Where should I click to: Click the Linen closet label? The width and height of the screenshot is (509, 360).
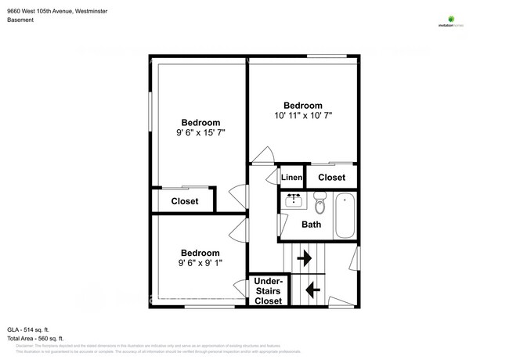pos(291,178)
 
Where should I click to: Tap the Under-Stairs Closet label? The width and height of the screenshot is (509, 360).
pos(268,291)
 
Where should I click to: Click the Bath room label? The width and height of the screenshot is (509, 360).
pos(312,225)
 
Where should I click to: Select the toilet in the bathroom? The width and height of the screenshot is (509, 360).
pos(319,206)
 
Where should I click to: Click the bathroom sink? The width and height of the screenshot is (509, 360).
pos(294,200)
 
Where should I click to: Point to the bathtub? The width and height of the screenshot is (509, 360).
pos(345,216)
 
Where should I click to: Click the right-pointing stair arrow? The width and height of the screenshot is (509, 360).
pos(304,257)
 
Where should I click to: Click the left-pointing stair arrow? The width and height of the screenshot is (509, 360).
pos(312,290)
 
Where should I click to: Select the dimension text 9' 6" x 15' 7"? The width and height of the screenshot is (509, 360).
pos(200,133)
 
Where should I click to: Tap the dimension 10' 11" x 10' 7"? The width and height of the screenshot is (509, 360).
pos(303,116)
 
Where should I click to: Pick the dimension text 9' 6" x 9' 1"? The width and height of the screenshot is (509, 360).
pos(200,263)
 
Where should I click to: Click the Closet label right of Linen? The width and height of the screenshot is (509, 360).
pos(331,178)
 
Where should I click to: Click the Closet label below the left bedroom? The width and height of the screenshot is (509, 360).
pos(185,201)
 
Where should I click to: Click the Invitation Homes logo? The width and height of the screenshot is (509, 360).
pos(450,22)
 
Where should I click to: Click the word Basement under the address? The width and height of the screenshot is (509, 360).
pos(20,20)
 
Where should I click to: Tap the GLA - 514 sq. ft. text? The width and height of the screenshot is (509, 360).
pos(30,329)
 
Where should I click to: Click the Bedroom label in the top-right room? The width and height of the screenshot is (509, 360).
pos(303,105)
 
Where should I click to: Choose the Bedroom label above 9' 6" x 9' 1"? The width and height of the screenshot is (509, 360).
pos(200,253)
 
